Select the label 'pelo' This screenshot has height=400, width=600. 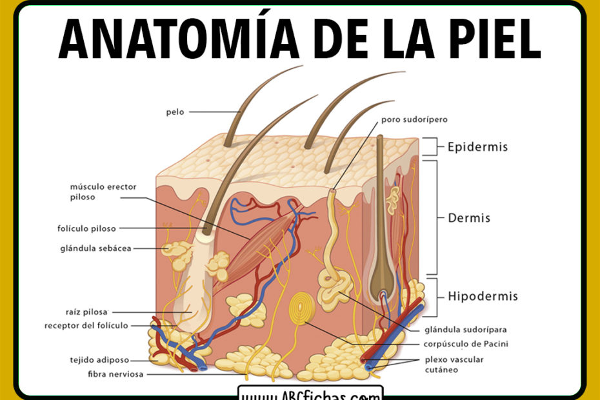(175, 112)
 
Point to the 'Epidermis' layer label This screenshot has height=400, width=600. (477, 146)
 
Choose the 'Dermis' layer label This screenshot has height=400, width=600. (469, 218)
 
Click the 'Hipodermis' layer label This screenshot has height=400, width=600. (483, 297)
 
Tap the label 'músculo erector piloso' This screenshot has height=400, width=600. (103, 192)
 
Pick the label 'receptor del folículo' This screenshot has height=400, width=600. (86, 325)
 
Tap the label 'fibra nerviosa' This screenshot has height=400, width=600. (116, 374)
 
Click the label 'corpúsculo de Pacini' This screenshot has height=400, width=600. (465, 344)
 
